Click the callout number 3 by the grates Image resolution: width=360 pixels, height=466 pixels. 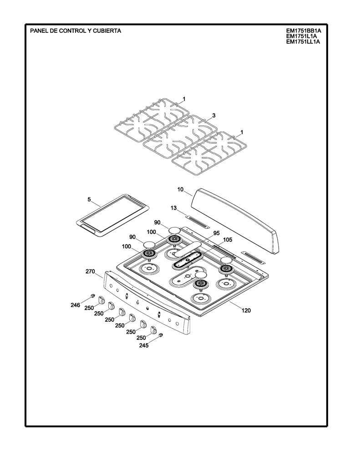214,115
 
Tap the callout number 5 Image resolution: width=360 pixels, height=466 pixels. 89,200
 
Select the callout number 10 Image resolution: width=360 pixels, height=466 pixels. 180,189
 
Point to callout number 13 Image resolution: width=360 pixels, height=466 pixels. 174,208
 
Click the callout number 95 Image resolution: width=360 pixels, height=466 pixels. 217,233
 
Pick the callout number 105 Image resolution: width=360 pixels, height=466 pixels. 228,240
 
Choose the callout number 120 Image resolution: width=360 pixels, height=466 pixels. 246,310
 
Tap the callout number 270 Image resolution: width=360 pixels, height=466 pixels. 90,271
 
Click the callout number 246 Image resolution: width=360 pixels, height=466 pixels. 75,305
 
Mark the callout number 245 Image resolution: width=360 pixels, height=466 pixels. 144,345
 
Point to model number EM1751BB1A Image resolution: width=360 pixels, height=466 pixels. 304,30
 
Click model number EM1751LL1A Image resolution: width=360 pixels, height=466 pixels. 303,42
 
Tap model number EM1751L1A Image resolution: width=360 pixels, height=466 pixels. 301,36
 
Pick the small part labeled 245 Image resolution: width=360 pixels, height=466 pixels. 161,335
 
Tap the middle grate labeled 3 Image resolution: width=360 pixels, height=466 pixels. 180,136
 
